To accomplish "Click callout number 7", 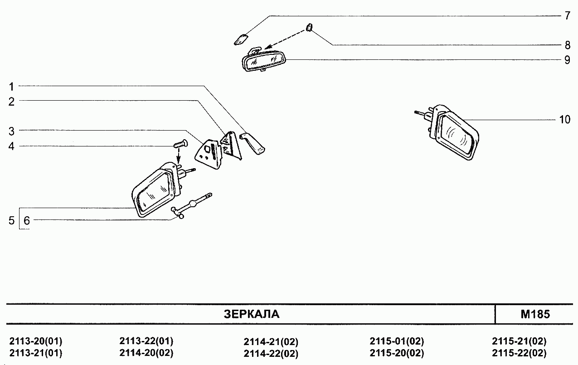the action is [x=567, y=15].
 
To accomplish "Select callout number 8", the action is [x=567, y=45].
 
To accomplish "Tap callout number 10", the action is [x=564, y=120].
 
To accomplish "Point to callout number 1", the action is [x=11, y=87].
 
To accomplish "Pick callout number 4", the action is [x=11, y=146].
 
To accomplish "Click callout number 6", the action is [x=27, y=220].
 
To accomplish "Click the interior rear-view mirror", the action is [x=264, y=60].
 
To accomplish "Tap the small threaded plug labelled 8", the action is [x=309, y=27].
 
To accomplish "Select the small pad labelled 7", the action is [x=241, y=40].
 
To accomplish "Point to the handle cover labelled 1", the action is [x=253, y=143].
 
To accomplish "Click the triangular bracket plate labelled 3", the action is [x=209, y=154].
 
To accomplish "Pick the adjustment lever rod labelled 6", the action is [x=191, y=206].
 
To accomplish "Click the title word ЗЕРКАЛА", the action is [x=252, y=314].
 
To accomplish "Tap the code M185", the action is [x=535, y=314].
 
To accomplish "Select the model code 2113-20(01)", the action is [x=36, y=341].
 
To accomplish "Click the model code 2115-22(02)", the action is [x=519, y=353].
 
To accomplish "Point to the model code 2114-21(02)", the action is [x=271, y=342].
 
